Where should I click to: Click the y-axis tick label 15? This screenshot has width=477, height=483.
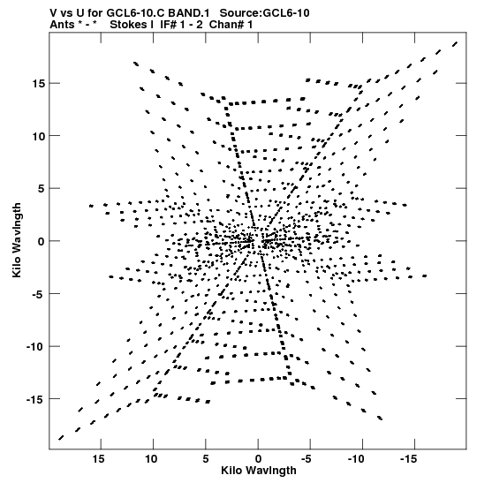click(38, 84)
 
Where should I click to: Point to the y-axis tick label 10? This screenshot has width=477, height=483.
click(38, 136)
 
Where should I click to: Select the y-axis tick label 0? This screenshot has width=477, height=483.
click(42, 241)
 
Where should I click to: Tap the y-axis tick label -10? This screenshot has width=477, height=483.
click(35, 346)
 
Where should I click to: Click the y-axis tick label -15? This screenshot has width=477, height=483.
click(35, 399)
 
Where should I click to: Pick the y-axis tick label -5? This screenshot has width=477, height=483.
click(39, 294)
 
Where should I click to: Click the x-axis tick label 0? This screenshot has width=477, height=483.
click(258, 459)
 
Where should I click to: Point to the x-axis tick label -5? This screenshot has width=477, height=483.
click(307, 459)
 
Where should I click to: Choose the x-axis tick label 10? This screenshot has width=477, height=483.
click(151, 459)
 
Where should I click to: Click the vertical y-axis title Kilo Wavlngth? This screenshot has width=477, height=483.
click(17, 240)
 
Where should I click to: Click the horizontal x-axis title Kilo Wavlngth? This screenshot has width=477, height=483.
click(259, 471)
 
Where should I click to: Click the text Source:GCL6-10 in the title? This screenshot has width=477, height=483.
click(264, 13)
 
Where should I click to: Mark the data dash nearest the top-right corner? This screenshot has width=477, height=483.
click(455, 44)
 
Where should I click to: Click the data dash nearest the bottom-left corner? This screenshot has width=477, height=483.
click(61, 438)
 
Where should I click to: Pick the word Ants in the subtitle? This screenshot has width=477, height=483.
click(62, 25)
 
